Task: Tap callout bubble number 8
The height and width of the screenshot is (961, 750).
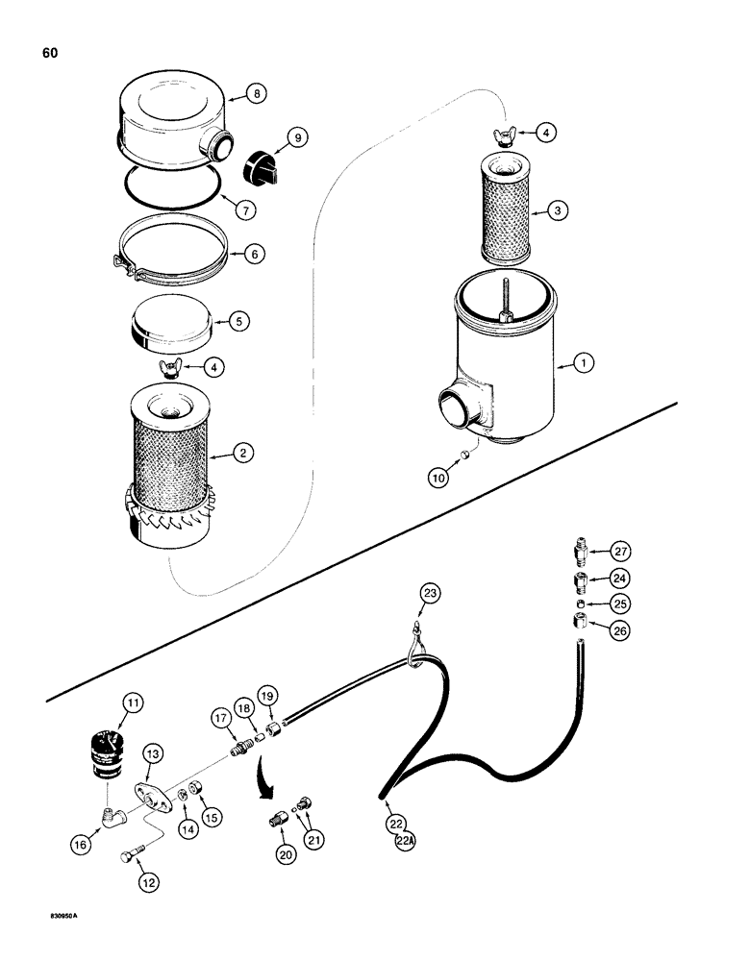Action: pos(255,94)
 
